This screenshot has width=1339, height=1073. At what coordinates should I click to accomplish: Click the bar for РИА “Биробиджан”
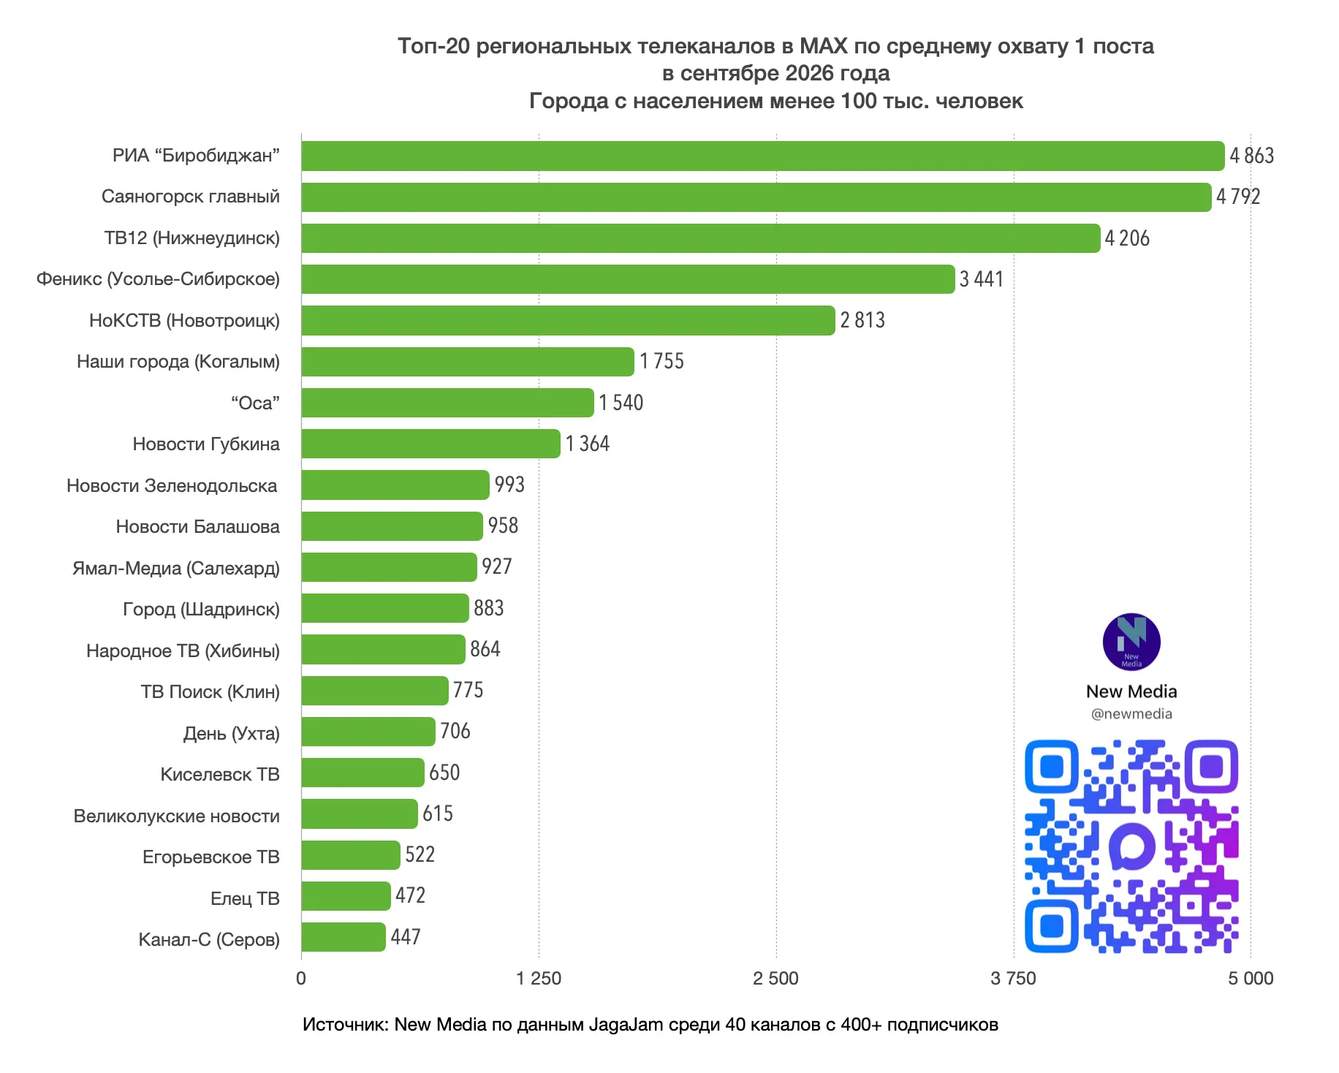point(762,156)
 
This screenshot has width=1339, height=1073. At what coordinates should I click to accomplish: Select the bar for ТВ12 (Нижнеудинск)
point(700,238)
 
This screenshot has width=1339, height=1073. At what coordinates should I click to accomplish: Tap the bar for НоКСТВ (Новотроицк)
point(568,320)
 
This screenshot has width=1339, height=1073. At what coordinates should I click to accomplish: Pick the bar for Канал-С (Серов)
point(343,937)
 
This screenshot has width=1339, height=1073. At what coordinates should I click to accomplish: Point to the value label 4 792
point(1238,197)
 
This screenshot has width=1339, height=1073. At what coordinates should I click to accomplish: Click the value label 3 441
point(982,279)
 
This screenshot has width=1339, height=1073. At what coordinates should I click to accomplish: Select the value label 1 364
point(588,444)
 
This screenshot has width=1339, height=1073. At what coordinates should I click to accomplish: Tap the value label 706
point(455,731)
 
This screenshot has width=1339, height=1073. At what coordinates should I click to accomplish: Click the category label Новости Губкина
point(206,444)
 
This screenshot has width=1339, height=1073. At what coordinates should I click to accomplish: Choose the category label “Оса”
point(255,403)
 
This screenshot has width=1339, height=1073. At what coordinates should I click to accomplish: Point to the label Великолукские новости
point(177,816)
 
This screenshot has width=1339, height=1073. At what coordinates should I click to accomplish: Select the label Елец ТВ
point(245,898)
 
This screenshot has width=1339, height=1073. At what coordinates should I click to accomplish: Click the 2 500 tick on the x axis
point(776,979)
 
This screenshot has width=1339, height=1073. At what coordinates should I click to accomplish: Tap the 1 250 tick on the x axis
point(539,979)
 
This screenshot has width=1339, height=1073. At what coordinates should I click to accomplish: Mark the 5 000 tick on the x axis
point(1251,979)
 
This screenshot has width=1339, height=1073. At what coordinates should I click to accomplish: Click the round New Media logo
point(1131,642)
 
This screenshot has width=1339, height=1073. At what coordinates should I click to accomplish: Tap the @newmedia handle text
point(1131,714)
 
